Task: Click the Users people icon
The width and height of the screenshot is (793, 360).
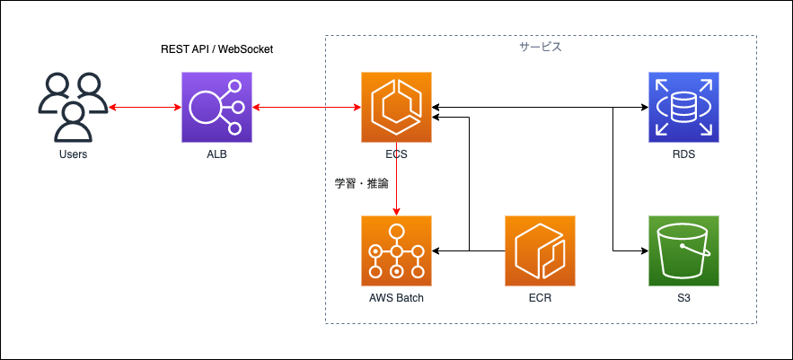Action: click(x=74, y=107)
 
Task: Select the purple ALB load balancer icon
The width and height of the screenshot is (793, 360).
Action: click(x=216, y=107)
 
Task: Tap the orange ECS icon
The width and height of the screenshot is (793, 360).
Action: click(x=396, y=107)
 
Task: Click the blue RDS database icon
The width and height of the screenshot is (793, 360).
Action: click(x=683, y=107)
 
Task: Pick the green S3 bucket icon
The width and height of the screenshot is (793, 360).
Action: click(x=683, y=250)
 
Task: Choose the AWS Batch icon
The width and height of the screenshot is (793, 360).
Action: click(x=396, y=250)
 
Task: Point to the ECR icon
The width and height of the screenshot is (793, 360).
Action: click(x=540, y=250)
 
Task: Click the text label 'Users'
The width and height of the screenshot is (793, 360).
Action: click(x=74, y=154)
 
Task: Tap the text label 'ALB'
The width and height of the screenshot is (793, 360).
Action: click(x=216, y=154)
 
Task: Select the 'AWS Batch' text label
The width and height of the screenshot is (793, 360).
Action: click(x=396, y=298)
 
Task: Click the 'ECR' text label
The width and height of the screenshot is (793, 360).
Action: click(x=540, y=298)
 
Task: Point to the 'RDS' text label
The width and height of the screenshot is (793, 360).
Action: click(x=683, y=154)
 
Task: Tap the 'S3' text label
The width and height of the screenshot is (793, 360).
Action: click(x=683, y=298)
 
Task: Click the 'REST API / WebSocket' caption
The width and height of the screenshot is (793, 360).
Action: click(x=217, y=49)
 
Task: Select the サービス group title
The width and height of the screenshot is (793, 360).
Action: click(x=541, y=48)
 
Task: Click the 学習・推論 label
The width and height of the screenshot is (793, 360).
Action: click(x=362, y=184)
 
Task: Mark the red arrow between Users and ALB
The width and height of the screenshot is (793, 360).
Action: click(x=145, y=107)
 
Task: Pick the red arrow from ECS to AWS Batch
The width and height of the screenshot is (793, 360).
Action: click(x=397, y=179)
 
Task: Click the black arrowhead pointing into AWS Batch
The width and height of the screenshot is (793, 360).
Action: click(x=435, y=250)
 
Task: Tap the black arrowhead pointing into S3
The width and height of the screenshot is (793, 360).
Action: click(x=645, y=250)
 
